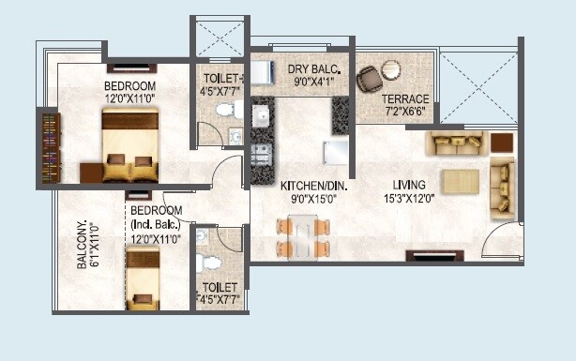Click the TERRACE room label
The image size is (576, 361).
click(405, 98)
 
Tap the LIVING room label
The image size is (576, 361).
click(410, 184)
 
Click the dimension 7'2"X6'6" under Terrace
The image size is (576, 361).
click(405, 112)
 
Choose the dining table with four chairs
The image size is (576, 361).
click(303, 236)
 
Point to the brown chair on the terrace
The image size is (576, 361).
click(369, 78)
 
